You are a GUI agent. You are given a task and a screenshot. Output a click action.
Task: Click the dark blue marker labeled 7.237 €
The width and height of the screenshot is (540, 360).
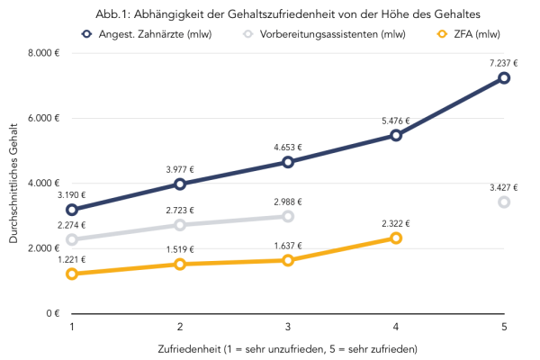(x=504, y=78)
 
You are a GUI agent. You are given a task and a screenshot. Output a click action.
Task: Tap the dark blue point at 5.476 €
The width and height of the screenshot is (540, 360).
(x=396, y=135)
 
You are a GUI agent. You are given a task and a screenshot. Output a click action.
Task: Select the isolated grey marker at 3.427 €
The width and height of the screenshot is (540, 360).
(x=504, y=202)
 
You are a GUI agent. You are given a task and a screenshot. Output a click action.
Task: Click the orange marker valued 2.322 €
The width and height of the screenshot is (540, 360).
(x=396, y=238)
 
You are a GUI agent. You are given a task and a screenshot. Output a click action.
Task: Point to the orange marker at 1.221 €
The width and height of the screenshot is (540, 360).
(x=72, y=274)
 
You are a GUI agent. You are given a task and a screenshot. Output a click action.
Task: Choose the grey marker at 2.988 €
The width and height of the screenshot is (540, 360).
(x=288, y=216)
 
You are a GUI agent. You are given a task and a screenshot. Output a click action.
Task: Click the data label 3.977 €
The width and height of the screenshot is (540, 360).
(x=180, y=167)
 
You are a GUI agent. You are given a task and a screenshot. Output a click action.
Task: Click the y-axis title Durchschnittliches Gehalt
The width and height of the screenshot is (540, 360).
(x=13, y=184)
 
